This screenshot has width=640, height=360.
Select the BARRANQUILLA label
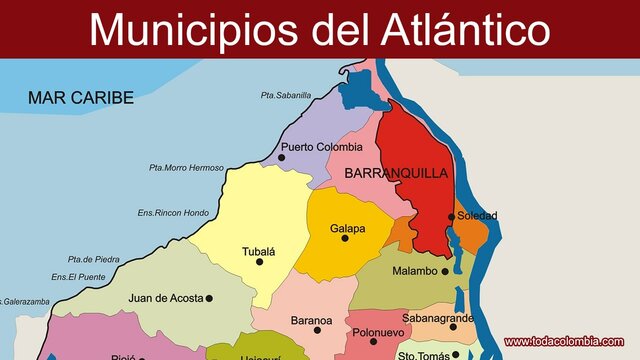click(x=396, y=173)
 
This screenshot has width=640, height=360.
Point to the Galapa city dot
click(x=345, y=238)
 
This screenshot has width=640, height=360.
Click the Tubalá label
click(x=258, y=251)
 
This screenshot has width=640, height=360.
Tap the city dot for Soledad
click(x=452, y=216)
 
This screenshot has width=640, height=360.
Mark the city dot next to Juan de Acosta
click(x=210, y=298)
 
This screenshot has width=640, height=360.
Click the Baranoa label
click(x=311, y=320)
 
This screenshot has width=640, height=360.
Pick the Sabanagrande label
click(x=438, y=318)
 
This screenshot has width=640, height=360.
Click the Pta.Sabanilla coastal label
click(x=286, y=95)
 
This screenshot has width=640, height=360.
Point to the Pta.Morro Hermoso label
click(x=186, y=167)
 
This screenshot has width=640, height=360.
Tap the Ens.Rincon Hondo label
click(x=173, y=212)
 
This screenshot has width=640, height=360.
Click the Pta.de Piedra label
click(x=93, y=259)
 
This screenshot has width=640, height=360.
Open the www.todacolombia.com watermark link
click(x=570, y=341)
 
